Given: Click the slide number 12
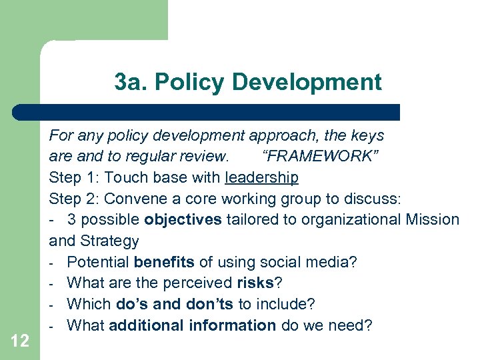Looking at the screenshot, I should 20,341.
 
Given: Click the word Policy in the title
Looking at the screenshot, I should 193,83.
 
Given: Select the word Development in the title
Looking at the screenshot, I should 307,83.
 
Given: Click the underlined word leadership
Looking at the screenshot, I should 262,177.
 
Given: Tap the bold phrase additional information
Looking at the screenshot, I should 192,325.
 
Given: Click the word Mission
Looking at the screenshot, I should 433,219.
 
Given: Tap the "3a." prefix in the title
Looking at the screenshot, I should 129,83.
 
